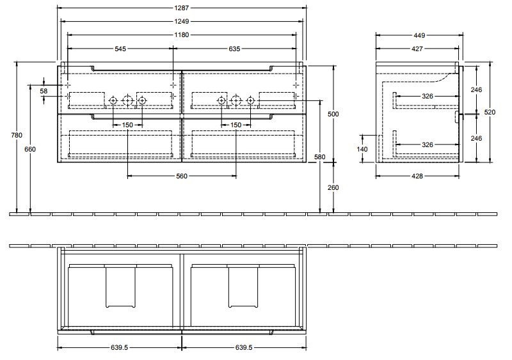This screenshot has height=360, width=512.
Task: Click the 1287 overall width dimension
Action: (x=182, y=8)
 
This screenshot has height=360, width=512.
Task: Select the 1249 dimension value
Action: (x=182, y=21)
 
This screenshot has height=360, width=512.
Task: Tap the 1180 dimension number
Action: (x=182, y=35)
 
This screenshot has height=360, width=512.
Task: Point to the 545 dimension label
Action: (x=120, y=49)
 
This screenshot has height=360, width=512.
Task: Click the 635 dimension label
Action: (x=234, y=49)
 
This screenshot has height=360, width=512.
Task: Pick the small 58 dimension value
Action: (x=44, y=91)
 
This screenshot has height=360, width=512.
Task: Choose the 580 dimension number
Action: (x=320, y=157)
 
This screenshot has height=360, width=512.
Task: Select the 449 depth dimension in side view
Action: (x=419, y=35)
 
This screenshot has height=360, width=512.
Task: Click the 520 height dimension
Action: (x=490, y=112)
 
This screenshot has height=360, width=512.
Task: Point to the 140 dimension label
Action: (x=362, y=148)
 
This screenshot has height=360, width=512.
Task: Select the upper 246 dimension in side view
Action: (x=476, y=90)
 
